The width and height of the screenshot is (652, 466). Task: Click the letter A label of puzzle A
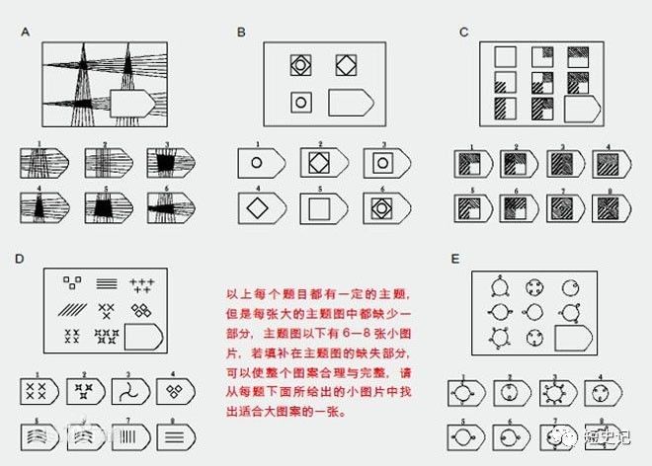pos(25,33)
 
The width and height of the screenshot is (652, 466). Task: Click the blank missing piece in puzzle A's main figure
pos(130,102)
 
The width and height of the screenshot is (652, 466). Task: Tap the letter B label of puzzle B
pos(240,33)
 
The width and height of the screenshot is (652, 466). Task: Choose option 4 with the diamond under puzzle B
pos(256,209)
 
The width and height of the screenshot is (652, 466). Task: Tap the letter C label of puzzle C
pos(463,33)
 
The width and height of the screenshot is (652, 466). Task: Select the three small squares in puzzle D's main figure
pos(70,283)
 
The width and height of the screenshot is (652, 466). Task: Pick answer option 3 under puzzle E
pos(554,392)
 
